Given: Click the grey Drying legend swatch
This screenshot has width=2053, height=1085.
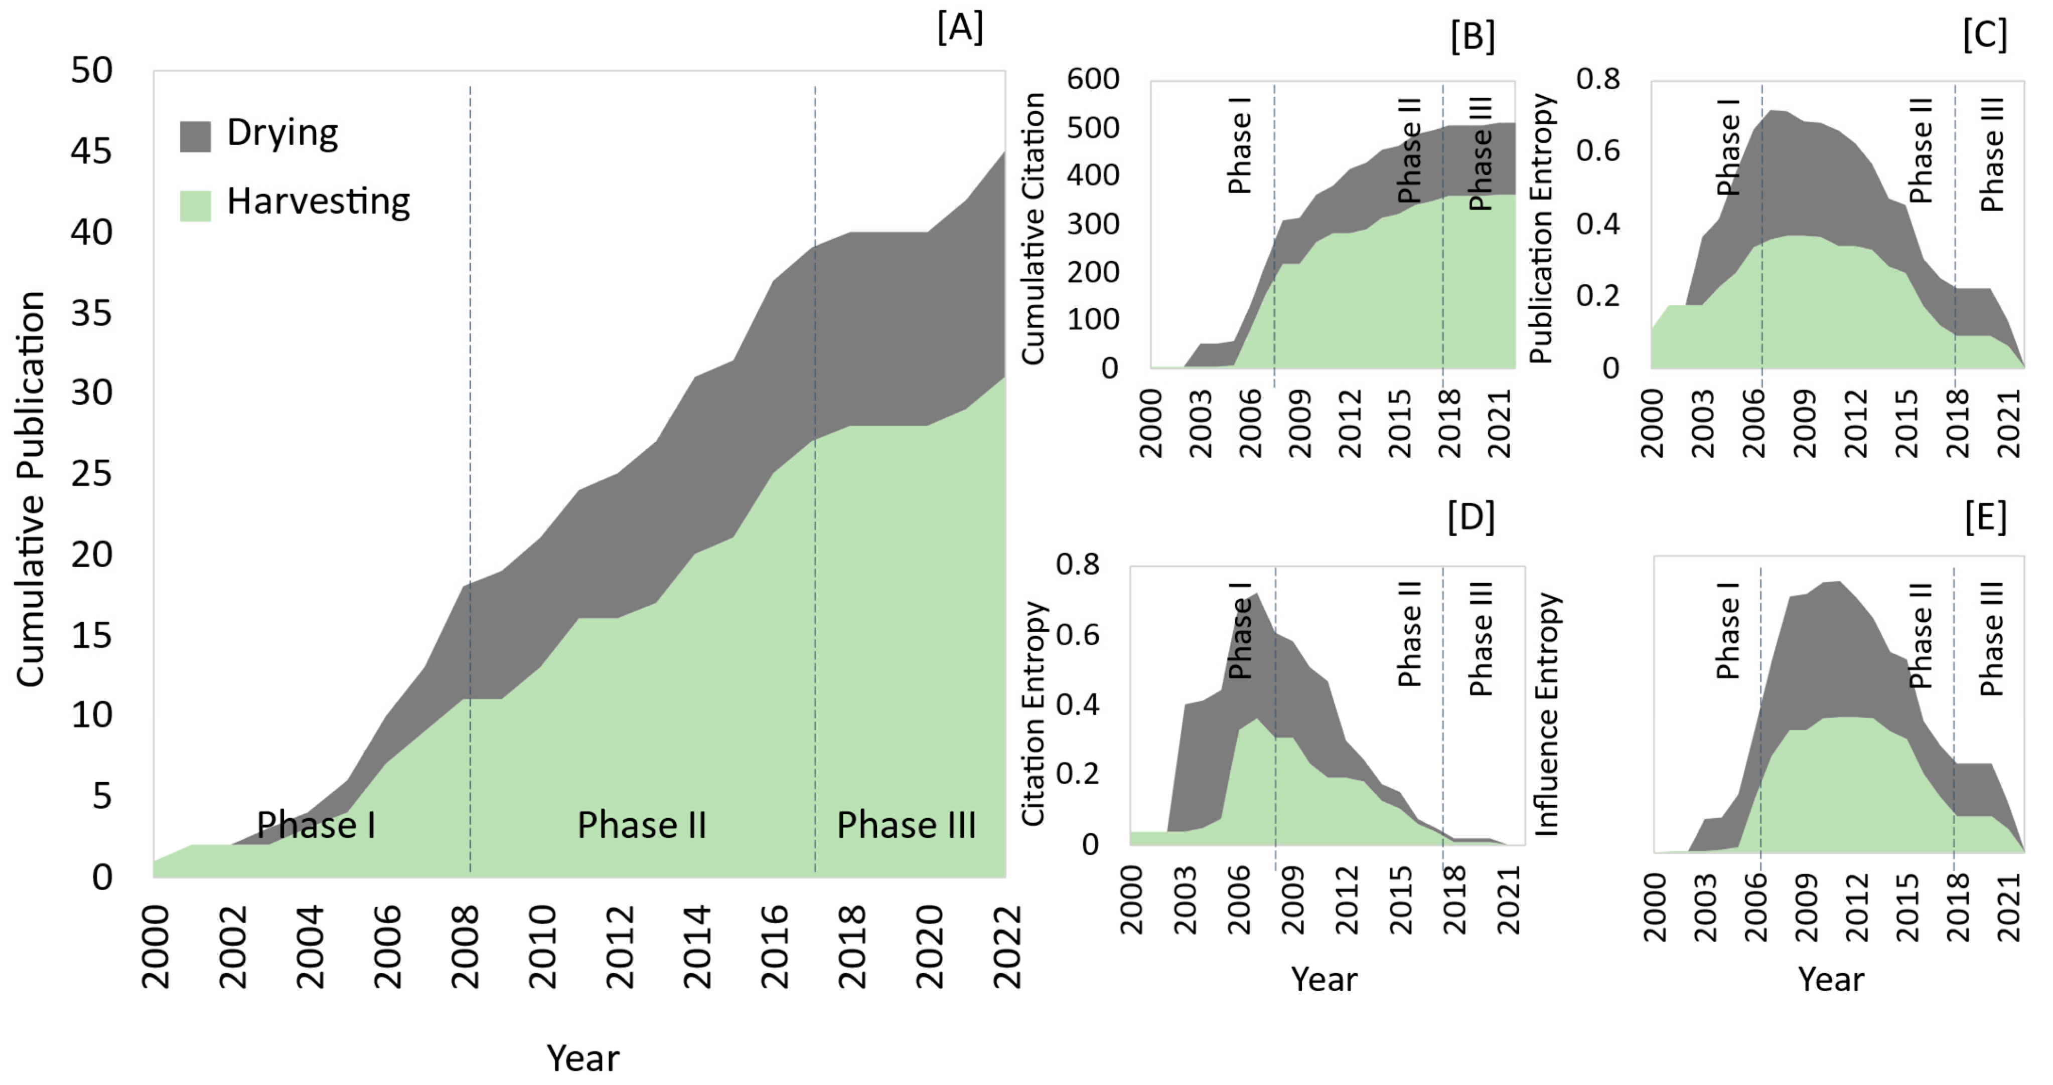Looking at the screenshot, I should [x=195, y=136].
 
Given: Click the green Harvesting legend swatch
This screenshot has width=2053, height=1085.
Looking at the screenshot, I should [x=195, y=206].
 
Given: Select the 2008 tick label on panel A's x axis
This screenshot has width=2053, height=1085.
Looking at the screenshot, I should [x=465, y=947].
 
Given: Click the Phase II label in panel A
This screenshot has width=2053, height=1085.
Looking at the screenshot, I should [x=642, y=825].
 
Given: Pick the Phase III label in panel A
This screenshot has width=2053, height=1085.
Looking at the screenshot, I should [x=906, y=825].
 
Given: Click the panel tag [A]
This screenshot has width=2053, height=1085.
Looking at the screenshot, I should [x=960, y=29].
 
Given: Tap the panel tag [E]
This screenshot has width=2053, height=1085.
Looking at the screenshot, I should [x=1985, y=518].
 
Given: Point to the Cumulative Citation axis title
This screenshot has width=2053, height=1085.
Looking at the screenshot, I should [x=1034, y=229].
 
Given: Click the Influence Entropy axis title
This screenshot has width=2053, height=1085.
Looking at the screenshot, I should [x=1547, y=714].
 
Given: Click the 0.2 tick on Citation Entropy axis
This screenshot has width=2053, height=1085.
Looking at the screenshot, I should [x=1078, y=774].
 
